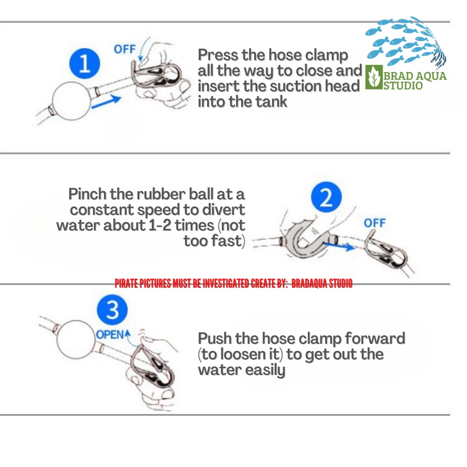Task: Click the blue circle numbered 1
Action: pyautogui.click(x=84, y=65)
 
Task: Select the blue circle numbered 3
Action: pyautogui.click(x=112, y=311)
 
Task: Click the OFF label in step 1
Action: pyautogui.click(x=124, y=49)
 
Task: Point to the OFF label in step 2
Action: pyautogui.click(x=374, y=223)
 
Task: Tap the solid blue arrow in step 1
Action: pyautogui.click(x=106, y=101)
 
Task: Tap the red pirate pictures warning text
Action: pyautogui.click(x=233, y=284)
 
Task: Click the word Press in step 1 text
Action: pyautogui.click(x=218, y=56)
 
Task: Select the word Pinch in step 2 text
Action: pyautogui.click(x=88, y=194)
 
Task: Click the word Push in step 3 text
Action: pyautogui.click(x=215, y=339)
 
